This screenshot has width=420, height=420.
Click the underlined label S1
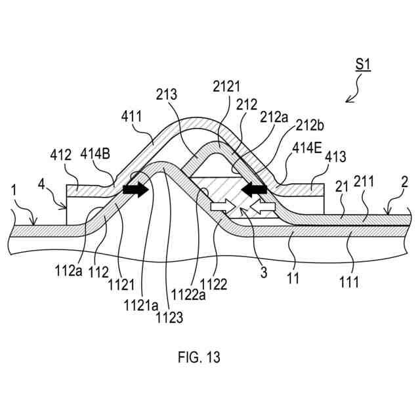tap(364, 65)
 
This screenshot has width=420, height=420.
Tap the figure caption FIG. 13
tap(199, 358)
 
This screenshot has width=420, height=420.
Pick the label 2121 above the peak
tap(227, 87)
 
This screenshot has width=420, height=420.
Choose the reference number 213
tap(167, 94)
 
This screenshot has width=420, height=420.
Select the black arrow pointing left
tap(253, 190)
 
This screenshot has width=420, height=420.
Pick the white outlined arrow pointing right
tap(222, 207)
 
